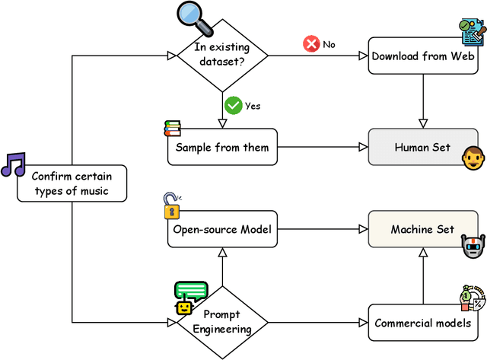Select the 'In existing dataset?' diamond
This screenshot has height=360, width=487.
221,56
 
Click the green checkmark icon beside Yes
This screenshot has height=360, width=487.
233,105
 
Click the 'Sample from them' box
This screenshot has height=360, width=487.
221,147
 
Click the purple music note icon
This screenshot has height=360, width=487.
13,164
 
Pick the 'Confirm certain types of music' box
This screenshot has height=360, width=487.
72,183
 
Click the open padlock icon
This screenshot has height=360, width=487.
172,206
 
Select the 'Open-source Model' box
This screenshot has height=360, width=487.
221,229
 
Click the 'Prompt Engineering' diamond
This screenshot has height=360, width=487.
221,321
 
